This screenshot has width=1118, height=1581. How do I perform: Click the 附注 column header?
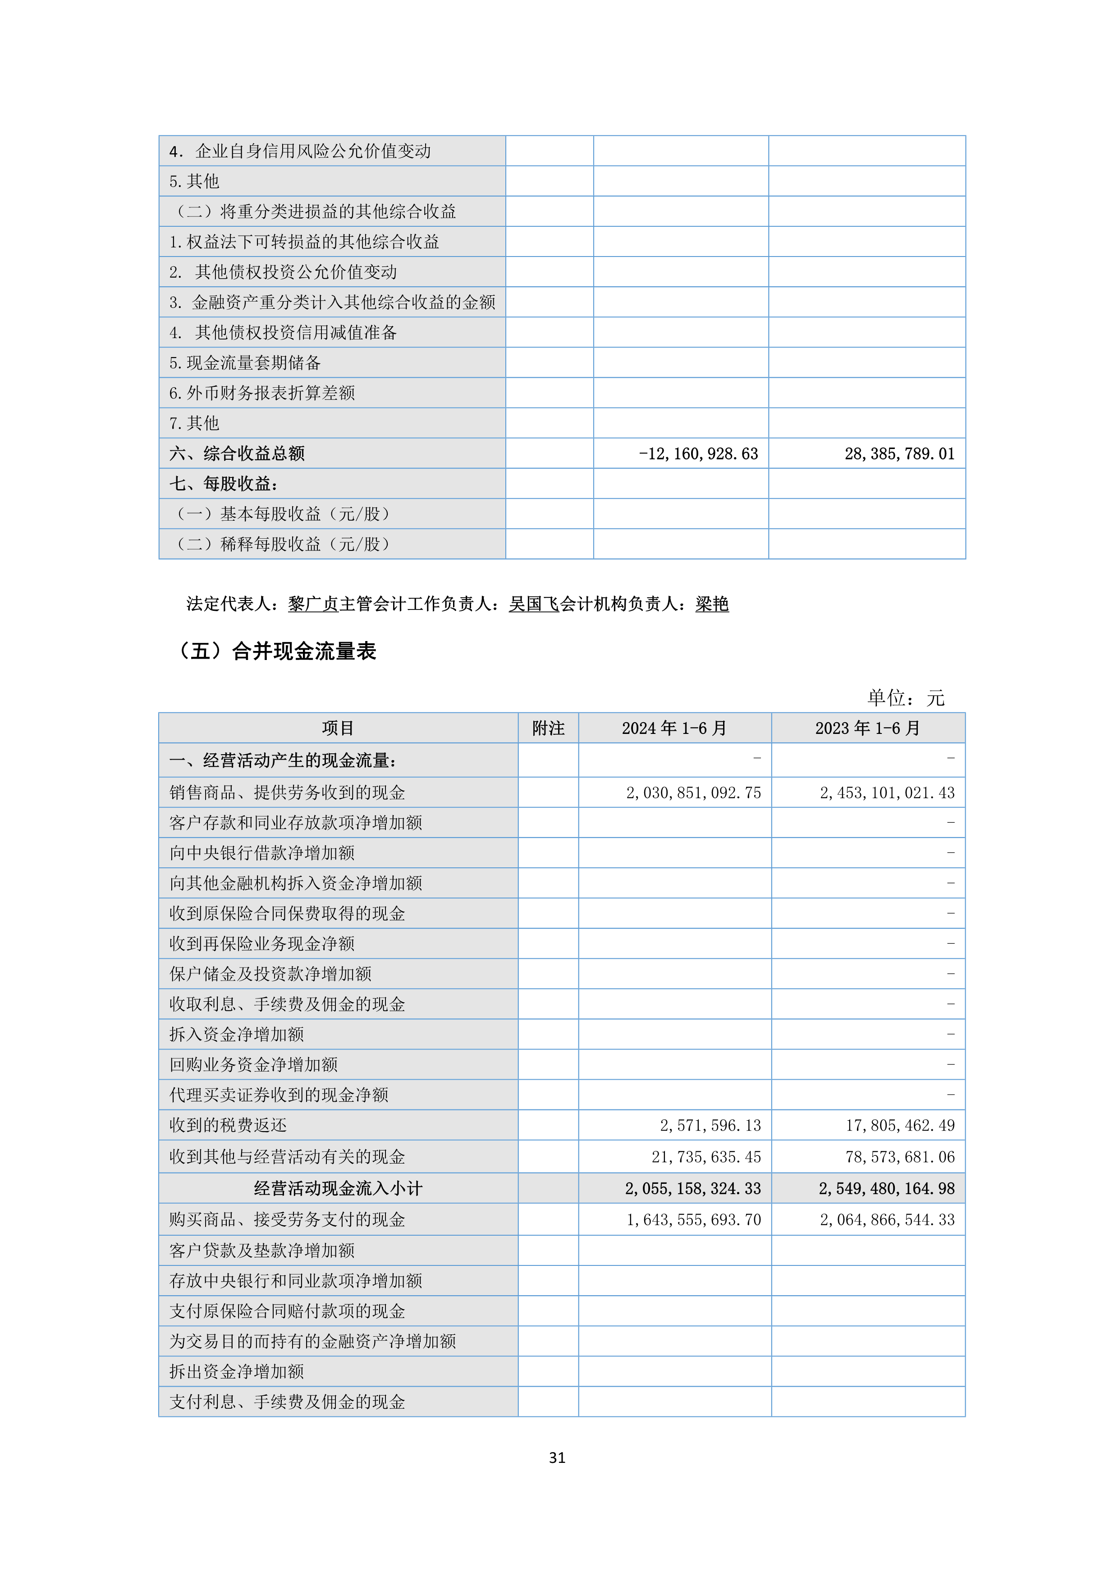548,728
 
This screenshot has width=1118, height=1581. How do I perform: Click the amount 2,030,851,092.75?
693,793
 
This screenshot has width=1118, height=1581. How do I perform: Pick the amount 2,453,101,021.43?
887,793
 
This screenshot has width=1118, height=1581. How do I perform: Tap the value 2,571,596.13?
710,1125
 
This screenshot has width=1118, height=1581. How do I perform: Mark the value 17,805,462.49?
900,1125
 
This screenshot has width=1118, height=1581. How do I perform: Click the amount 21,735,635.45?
706,1157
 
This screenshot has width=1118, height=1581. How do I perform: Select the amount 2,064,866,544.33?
887,1219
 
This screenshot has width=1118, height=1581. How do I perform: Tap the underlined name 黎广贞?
313,604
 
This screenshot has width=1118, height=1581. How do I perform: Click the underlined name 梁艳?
712,604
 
